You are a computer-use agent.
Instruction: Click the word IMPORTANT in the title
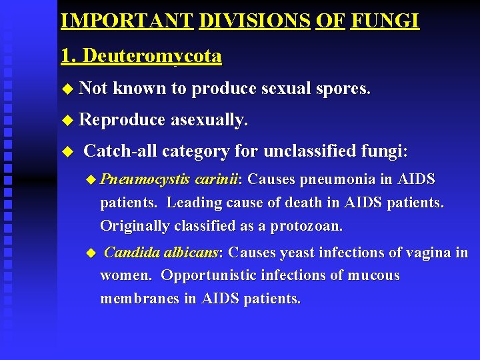127,21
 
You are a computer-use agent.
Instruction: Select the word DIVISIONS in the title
254,21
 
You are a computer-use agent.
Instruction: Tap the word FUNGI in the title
385,21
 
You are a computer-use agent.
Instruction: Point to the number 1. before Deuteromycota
67,56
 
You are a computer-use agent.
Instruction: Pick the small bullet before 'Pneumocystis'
91,179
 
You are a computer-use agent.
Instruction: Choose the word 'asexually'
209,120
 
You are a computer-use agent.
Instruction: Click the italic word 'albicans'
193,253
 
